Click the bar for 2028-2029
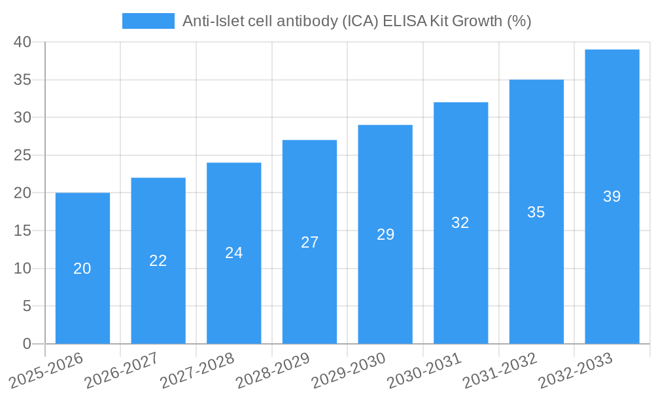pos(309,288)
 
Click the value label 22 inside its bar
pos(158,261)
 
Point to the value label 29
pos(385,234)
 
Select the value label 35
pos(536,212)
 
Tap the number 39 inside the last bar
pos(612,196)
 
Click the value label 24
pos(234,253)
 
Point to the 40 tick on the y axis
pos(23,42)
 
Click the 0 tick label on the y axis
pos(27,344)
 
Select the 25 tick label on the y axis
pos(23,155)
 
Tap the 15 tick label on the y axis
pos(23,231)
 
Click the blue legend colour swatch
pos(148,21)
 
